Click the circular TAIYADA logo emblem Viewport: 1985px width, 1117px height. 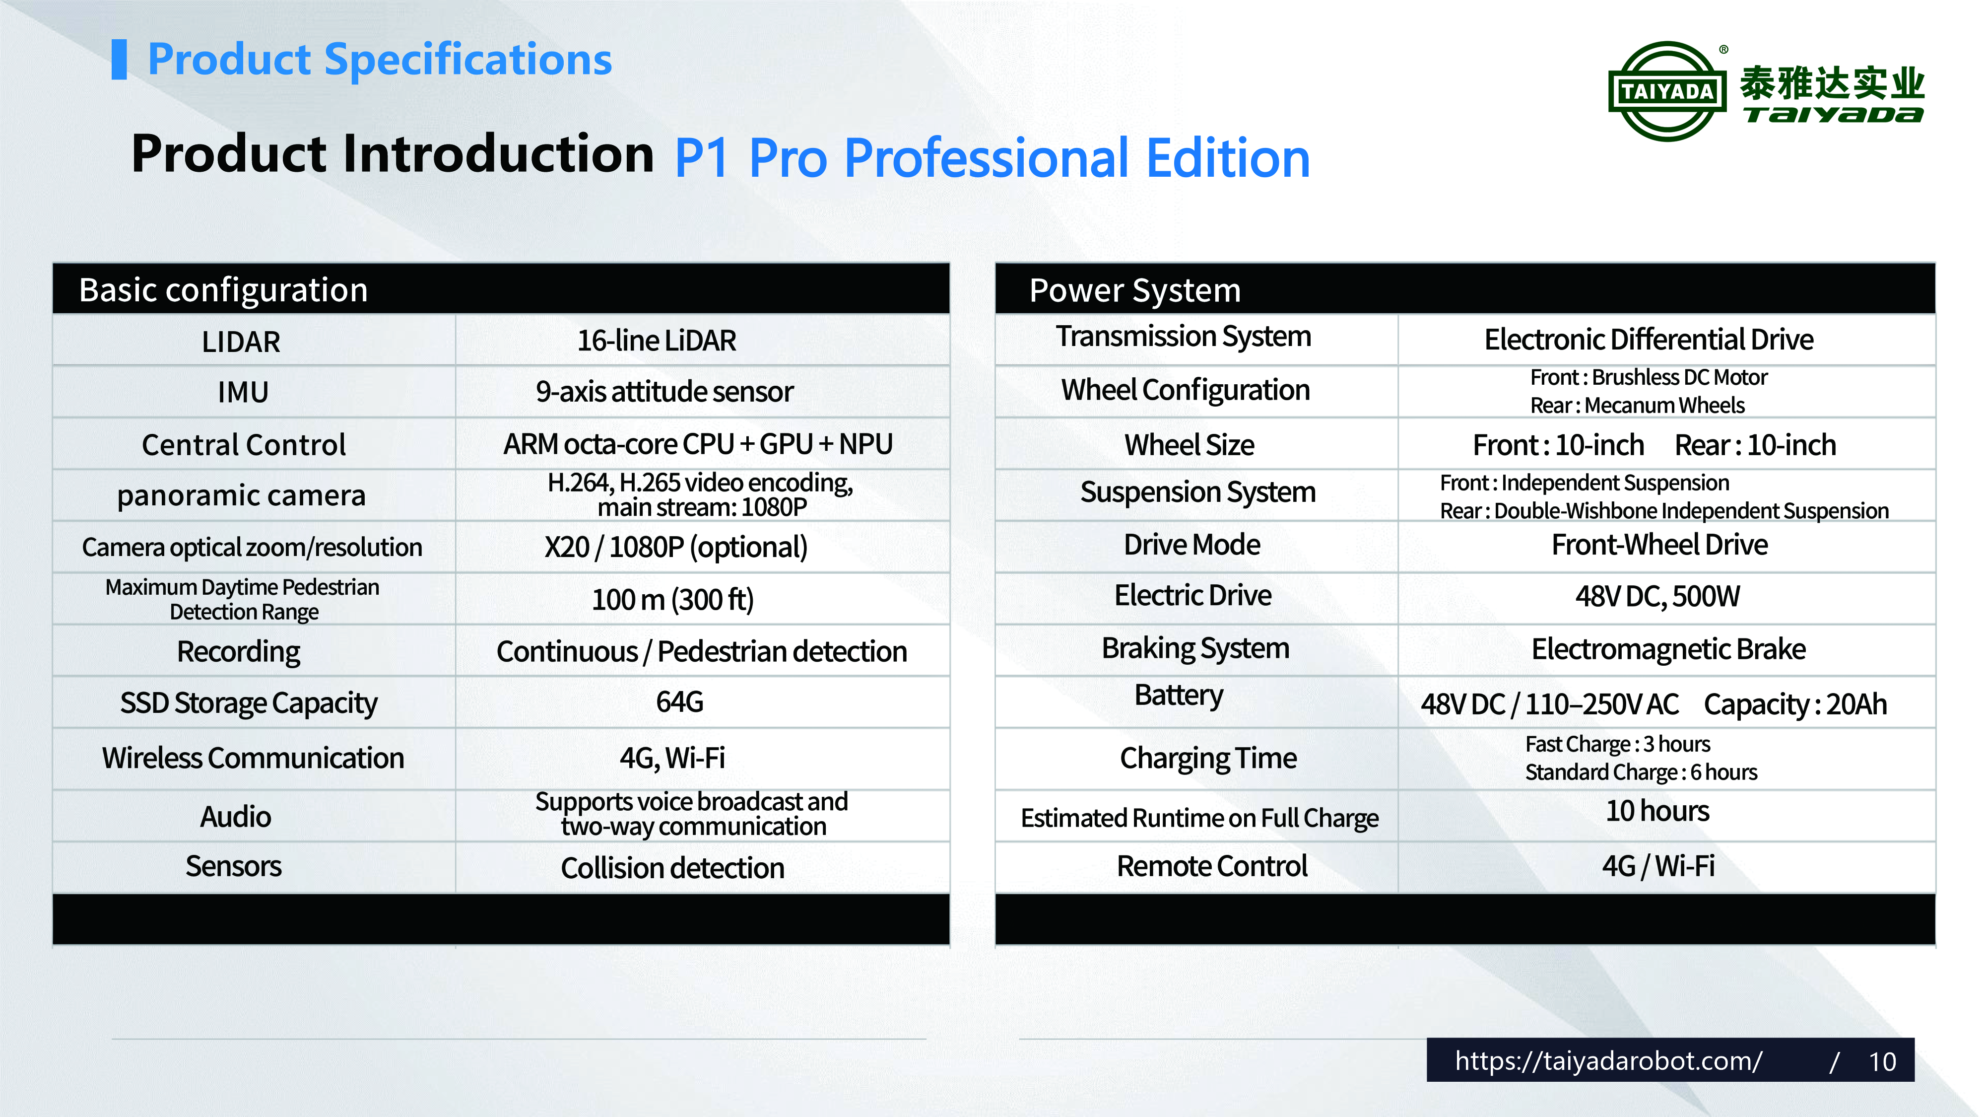[x=1667, y=91]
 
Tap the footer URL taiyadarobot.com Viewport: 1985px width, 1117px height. [x=1608, y=1061]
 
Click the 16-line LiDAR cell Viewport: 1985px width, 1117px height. [x=657, y=340]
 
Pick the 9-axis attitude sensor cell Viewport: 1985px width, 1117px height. [x=664, y=392]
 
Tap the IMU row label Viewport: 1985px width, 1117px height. [x=243, y=392]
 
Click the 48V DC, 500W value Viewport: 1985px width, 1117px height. [x=1657, y=596]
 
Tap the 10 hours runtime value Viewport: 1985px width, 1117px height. [x=1657, y=811]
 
